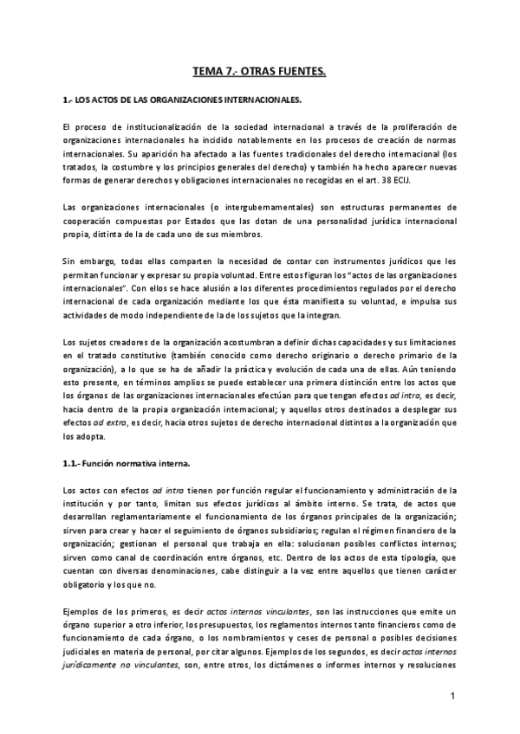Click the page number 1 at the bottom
pyautogui.click(x=452, y=696)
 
